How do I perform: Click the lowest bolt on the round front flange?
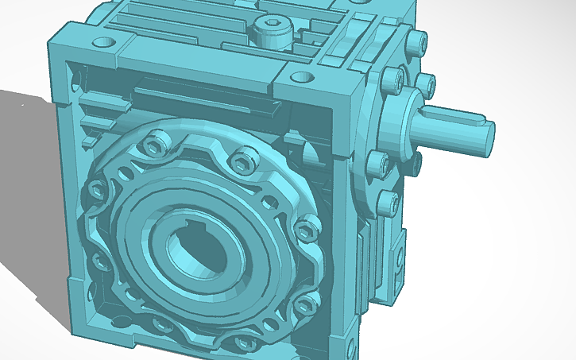pos(240,342)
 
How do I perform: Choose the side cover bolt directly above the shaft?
pos(390,78)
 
